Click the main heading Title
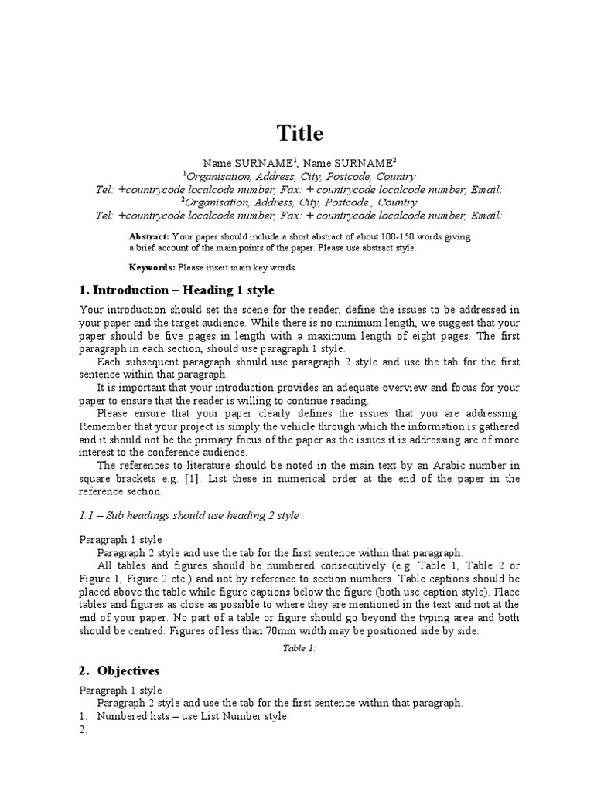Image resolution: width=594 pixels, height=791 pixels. click(301, 134)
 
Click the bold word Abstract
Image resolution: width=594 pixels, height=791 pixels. click(149, 236)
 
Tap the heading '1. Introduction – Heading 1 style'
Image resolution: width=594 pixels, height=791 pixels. click(176, 290)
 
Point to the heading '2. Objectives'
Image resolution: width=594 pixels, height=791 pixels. click(119, 670)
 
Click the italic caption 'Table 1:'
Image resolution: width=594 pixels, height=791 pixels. click(300, 648)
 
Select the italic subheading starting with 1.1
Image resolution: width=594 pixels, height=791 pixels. click(189, 515)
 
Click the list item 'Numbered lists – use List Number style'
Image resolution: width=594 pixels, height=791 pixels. click(192, 716)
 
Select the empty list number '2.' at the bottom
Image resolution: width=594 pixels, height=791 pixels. click(84, 731)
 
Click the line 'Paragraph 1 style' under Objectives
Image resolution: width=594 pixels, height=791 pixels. click(121, 690)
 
